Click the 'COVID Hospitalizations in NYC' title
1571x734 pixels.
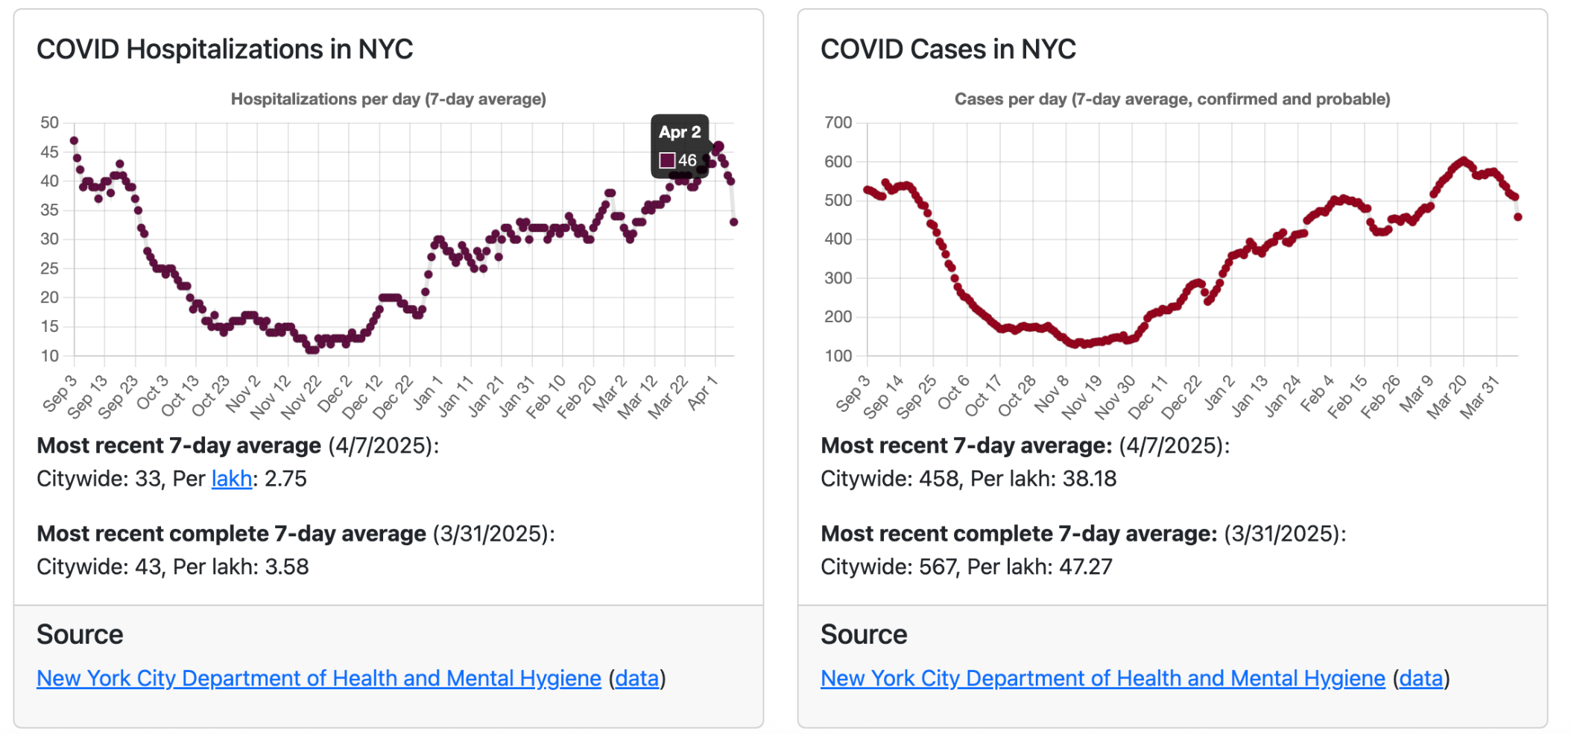tap(224, 49)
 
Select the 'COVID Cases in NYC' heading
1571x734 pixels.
tap(948, 49)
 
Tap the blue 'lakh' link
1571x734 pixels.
tap(231, 478)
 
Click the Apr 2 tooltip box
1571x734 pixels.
tap(679, 146)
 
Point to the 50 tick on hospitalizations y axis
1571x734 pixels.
tap(49, 122)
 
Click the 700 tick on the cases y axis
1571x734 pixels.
tap(838, 122)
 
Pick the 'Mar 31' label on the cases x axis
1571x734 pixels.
tap(1479, 398)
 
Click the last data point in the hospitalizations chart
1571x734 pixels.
tap(734, 222)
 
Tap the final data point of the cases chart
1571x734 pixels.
tap(1518, 217)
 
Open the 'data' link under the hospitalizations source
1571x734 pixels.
tap(636, 678)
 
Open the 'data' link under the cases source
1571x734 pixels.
tap(1420, 678)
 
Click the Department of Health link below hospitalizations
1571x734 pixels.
tap(318, 678)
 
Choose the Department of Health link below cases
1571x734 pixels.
tap(1102, 678)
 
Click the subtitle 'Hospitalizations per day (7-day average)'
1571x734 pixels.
tap(388, 99)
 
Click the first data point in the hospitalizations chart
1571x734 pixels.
tap(74, 140)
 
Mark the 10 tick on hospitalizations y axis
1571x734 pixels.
tap(49, 356)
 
